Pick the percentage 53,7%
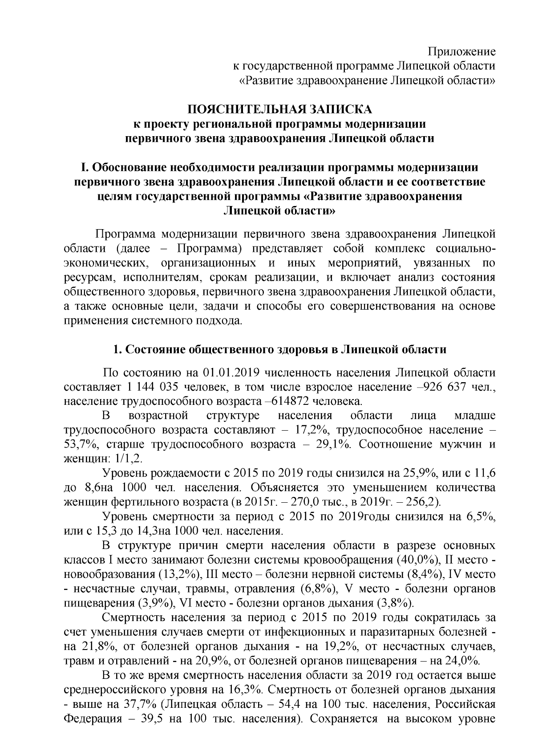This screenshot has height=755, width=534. [x=79, y=444]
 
